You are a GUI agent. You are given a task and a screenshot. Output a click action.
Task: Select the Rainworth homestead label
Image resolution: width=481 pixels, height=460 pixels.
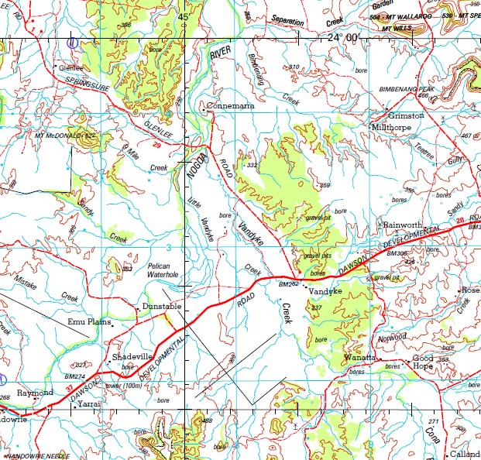click(403, 225)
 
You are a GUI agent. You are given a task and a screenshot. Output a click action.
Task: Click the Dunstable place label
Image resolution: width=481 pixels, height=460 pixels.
click(162, 307)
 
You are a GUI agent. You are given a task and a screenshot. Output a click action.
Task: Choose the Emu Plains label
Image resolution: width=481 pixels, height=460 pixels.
click(90, 321)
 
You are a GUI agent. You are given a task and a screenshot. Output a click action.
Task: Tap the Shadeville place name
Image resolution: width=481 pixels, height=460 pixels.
click(134, 356)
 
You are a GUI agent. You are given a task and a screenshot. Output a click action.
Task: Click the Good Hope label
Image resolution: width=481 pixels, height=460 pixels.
click(423, 362)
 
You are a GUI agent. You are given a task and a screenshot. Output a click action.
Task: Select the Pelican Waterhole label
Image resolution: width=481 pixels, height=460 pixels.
click(163, 269)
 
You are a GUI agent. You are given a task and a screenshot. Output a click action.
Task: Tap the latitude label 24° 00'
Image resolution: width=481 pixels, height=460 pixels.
click(343, 37)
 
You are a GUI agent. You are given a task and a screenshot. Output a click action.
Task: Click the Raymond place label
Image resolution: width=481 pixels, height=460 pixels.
click(36, 393)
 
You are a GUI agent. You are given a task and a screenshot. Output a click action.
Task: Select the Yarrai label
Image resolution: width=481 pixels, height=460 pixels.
click(90, 403)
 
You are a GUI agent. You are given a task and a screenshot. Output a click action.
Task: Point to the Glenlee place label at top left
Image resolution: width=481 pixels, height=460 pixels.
click(71, 67)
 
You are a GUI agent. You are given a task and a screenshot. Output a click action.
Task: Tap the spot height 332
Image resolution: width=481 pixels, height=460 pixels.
click(252, 166)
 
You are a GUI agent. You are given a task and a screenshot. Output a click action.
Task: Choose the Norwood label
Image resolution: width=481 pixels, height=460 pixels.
click(392, 338)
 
